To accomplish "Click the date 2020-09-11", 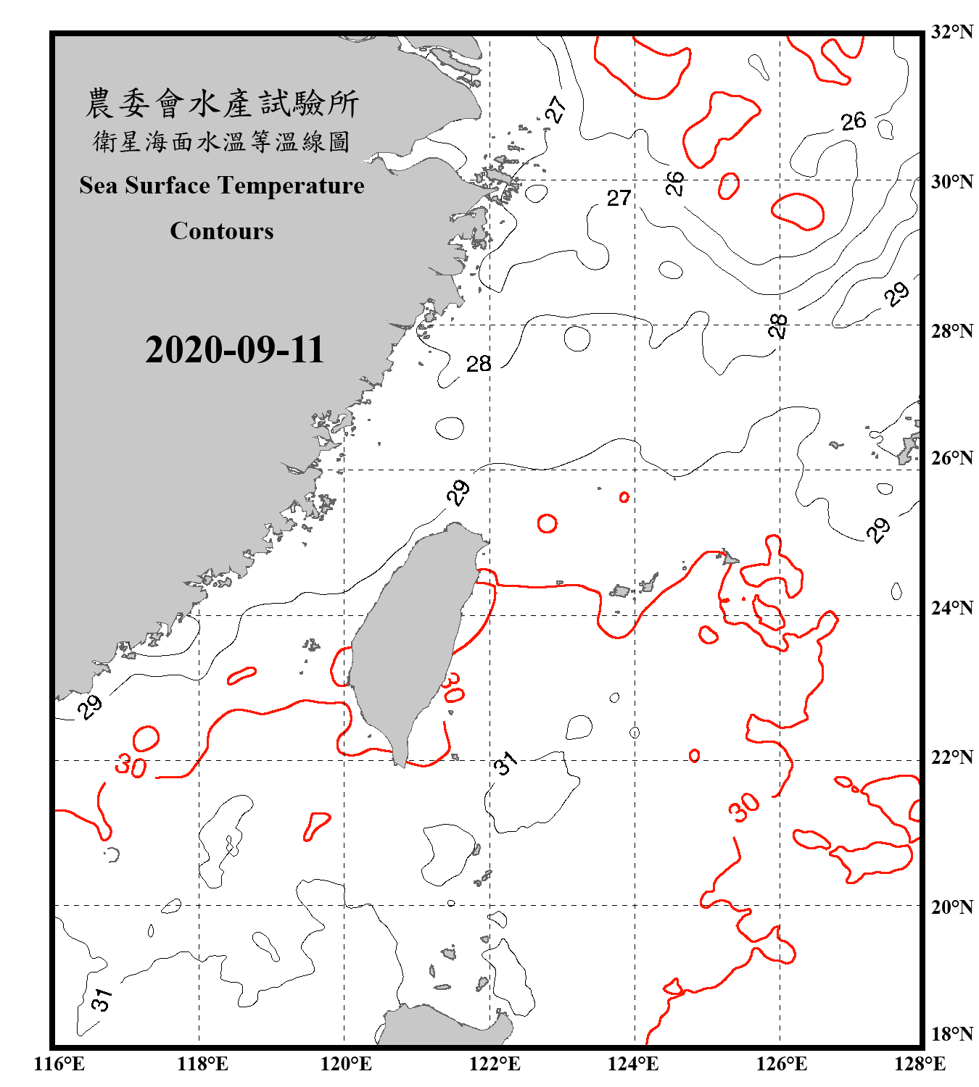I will [x=234, y=350].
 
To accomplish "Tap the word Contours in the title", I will [x=222, y=231].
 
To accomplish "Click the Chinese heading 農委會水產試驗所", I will [x=222, y=104].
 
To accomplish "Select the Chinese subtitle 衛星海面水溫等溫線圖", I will [x=222, y=141].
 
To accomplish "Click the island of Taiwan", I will [x=410, y=638].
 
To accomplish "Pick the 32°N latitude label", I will [x=951, y=32].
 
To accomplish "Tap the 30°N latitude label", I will [x=951, y=181].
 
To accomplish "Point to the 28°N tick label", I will [x=951, y=331].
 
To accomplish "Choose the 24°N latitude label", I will [x=951, y=608].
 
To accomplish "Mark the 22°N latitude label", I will [x=951, y=757].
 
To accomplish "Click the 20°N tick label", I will [x=951, y=907].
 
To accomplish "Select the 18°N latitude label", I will [x=951, y=1034].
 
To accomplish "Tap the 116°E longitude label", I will [x=59, y=1064].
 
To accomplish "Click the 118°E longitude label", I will [x=202, y=1064].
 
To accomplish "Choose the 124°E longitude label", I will [x=633, y=1064].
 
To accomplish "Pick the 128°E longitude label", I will [x=920, y=1064].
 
